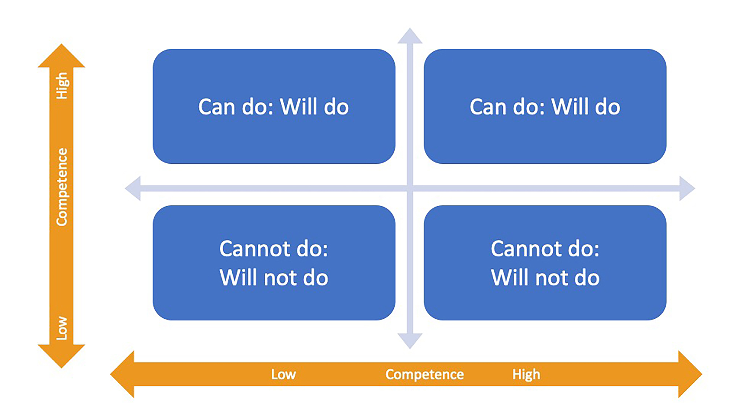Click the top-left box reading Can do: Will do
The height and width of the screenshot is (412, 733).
[274, 106]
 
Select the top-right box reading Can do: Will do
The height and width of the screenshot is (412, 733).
[545, 106]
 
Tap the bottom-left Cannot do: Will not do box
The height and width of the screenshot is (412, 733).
[274, 263]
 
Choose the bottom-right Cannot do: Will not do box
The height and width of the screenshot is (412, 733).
[545, 263]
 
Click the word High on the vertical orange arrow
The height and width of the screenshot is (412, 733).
[62, 86]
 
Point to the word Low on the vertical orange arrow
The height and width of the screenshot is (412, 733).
[62, 328]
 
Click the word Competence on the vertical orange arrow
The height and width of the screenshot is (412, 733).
[62, 187]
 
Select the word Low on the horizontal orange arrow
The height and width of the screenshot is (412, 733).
[283, 374]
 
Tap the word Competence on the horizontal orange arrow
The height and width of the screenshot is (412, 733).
[424, 375]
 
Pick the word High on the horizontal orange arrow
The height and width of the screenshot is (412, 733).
[526, 375]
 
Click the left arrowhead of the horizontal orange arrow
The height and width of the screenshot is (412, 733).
[122, 374]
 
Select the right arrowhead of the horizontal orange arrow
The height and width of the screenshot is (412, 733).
[690, 374]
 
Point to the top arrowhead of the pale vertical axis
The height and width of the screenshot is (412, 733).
[410, 36]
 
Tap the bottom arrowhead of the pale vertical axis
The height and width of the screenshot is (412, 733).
[410, 341]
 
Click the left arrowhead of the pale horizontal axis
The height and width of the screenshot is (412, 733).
[133, 188]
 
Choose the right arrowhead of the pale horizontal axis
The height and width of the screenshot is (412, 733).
[687, 188]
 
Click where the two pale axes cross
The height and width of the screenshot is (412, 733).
[410, 188]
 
